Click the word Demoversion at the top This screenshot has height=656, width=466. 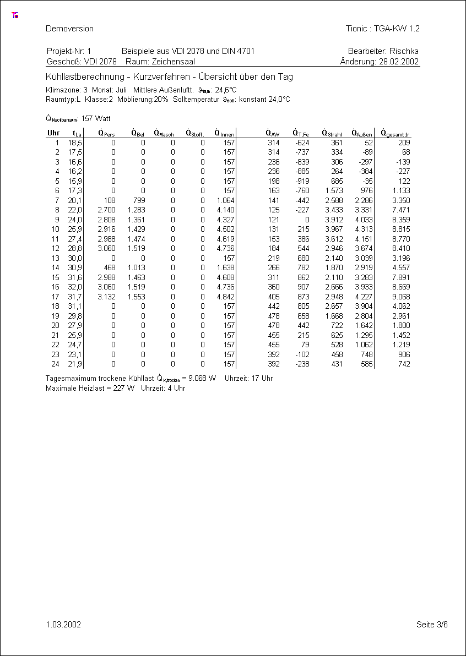[69, 29]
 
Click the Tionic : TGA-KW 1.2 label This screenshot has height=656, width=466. [382, 29]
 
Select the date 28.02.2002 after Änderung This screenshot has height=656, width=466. [399, 62]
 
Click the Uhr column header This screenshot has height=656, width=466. [53, 133]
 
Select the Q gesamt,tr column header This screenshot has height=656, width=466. [395, 133]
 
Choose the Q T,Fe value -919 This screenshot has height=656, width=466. [301, 181]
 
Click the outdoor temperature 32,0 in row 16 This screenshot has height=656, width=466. [75, 287]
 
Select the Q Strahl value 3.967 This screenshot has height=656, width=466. [333, 229]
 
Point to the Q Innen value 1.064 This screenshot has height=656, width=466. [226, 200]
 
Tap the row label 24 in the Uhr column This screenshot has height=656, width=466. [55, 364]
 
